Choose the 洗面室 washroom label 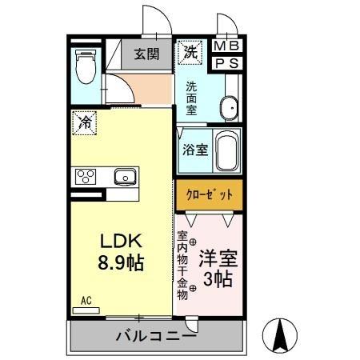[192, 98]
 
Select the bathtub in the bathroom [227, 150]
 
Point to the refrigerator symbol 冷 [83, 123]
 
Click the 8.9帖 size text [121, 262]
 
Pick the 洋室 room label [217, 258]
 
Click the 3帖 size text [217, 279]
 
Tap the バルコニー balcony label [156, 337]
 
